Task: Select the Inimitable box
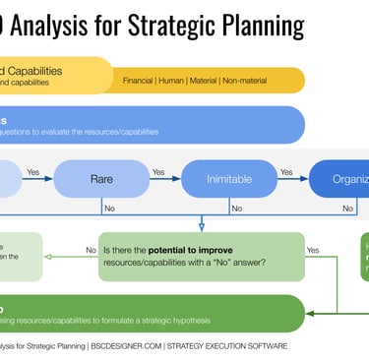(229, 179)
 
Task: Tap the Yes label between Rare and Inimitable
(157, 172)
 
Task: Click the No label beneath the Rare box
(108, 208)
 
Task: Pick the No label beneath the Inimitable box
(236, 208)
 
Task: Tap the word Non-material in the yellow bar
(271, 79)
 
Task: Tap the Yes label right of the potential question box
(313, 250)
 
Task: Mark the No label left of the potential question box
(91, 250)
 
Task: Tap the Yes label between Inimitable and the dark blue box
(286, 172)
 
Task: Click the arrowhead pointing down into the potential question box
(202, 227)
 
